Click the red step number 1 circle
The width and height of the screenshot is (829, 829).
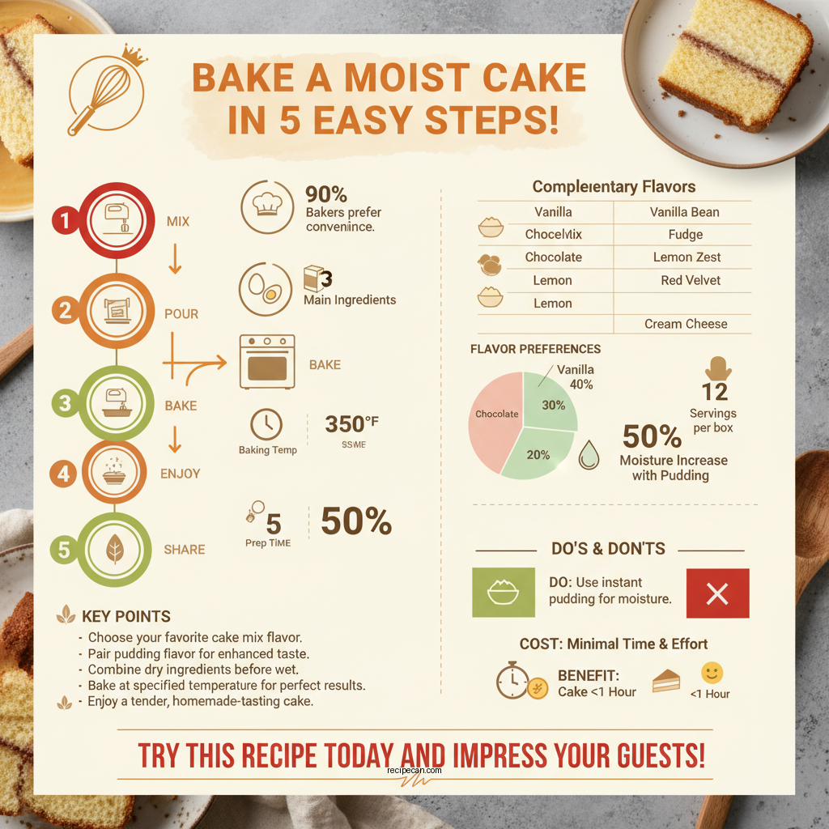click(x=63, y=219)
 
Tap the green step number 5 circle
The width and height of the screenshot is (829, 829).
click(x=63, y=551)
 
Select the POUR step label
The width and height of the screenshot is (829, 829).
click(x=181, y=313)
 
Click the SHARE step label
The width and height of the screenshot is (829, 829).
click(x=184, y=550)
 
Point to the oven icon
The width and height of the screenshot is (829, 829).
click(x=267, y=362)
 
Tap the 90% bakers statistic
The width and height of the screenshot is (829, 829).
click(x=326, y=195)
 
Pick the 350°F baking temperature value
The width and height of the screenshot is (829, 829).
click(x=351, y=424)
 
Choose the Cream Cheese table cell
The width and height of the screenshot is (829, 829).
click(x=686, y=324)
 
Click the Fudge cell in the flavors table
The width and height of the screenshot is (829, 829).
click(x=686, y=235)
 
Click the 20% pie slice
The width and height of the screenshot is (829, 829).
click(x=538, y=454)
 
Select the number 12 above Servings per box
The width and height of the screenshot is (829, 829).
click(x=715, y=393)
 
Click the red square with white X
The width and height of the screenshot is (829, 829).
click(x=717, y=593)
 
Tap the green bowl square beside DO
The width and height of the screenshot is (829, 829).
click(x=503, y=593)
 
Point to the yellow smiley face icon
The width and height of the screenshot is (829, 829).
click(x=712, y=673)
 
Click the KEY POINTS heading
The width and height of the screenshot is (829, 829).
click(x=126, y=617)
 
